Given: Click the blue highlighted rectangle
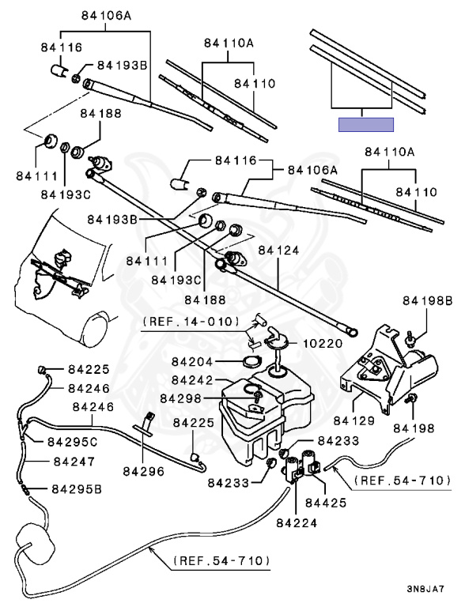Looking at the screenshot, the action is click(x=366, y=125).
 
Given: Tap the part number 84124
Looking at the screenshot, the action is click(x=278, y=251).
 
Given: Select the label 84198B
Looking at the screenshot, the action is click(x=427, y=301).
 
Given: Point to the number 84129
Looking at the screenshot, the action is click(x=353, y=420).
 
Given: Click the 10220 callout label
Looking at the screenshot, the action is click(x=323, y=343).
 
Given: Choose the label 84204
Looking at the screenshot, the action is click(x=192, y=362).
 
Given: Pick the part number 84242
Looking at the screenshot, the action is click(x=192, y=380).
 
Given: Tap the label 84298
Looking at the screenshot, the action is click(x=181, y=398).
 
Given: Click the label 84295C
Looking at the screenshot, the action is click(x=73, y=442).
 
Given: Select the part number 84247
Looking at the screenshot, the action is click(x=74, y=462).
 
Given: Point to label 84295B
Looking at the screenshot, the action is click(x=77, y=489).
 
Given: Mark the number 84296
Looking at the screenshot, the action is click(x=144, y=471).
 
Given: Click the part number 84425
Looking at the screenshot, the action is click(x=326, y=503).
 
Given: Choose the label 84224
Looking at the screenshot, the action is click(x=297, y=523).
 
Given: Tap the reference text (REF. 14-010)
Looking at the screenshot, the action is click(x=191, y=322).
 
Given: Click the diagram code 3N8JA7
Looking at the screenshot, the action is click(x=425, y=589).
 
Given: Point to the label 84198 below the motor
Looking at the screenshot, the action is click(x=414, y=428).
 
